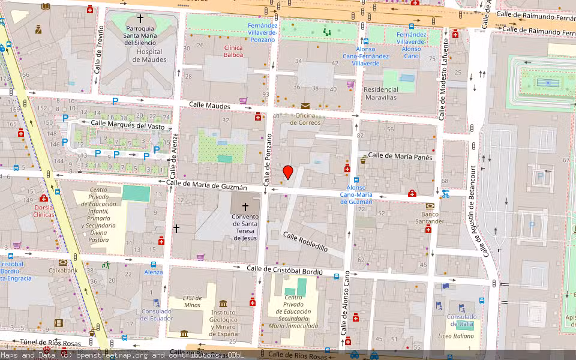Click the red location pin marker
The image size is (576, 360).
(288, 172)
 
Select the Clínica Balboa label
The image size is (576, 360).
(233, 51)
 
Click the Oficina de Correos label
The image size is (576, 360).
(305, 119)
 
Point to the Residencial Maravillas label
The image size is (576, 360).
(389, 93)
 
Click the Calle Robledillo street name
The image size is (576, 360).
(305, 242)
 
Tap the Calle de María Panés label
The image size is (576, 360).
(400, 155)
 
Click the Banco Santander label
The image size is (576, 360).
(430, 218)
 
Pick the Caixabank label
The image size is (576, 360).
(63, 271)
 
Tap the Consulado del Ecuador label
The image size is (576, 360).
(157, 314)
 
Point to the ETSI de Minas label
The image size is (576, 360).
(193, 301)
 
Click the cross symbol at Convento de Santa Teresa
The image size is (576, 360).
(245, 206)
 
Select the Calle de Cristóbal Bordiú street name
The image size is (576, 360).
(285, 270)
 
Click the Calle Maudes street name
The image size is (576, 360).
(209, 106)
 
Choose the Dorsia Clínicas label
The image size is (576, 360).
(44, 211)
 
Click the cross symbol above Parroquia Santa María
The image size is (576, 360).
(141, 19)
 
